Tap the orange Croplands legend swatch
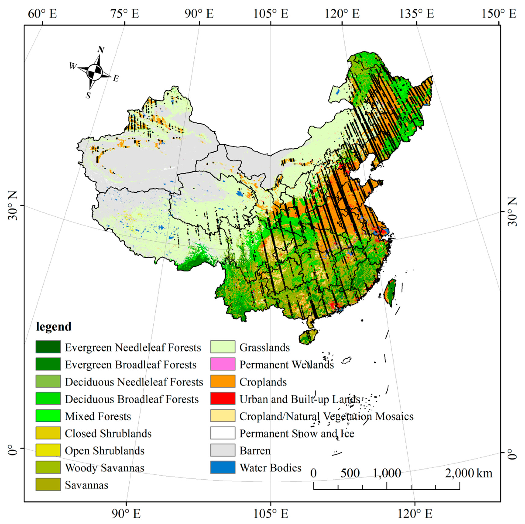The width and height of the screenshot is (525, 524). (223, 381)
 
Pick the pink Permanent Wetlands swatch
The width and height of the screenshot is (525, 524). (223, 364)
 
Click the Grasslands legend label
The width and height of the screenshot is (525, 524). (264, 347)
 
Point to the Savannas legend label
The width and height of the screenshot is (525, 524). (86, 485)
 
